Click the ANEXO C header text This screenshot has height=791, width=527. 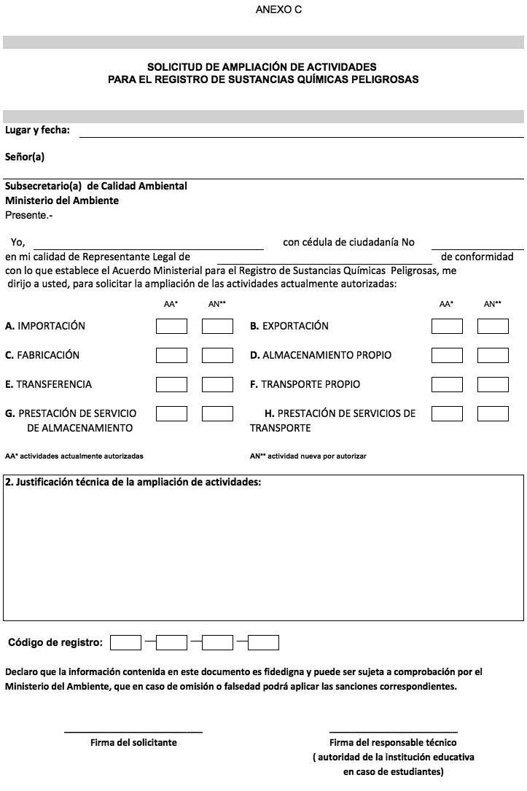coord(278,10)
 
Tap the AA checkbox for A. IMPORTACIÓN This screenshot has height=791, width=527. coord(171,326)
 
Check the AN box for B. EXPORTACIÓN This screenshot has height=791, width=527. coord(493,326)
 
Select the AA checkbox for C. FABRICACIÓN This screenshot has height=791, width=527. coord(171,355)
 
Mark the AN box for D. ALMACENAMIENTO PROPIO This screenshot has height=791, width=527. coord(493,355)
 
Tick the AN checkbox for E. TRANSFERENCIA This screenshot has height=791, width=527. coord(217,384)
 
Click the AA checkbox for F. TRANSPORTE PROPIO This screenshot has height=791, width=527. coord(447,384)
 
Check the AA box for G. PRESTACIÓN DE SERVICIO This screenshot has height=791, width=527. coord(171,413)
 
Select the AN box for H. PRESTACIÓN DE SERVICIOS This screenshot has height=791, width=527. coord(493,413)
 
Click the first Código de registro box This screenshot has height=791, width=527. coord(125,642)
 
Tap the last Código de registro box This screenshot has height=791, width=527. coord(263,642)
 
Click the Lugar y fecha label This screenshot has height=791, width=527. coord(38,130)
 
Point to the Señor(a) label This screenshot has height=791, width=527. coord(25,157)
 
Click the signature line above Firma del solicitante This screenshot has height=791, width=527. coord(133,731)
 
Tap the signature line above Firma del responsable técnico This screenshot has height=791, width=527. coord(393,731)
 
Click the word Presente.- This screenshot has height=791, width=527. coord(29,215)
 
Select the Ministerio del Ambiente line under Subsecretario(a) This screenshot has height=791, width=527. coord(62,200)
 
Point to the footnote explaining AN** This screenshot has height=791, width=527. coord(308,456)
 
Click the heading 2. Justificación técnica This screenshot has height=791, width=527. coord(133,482)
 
